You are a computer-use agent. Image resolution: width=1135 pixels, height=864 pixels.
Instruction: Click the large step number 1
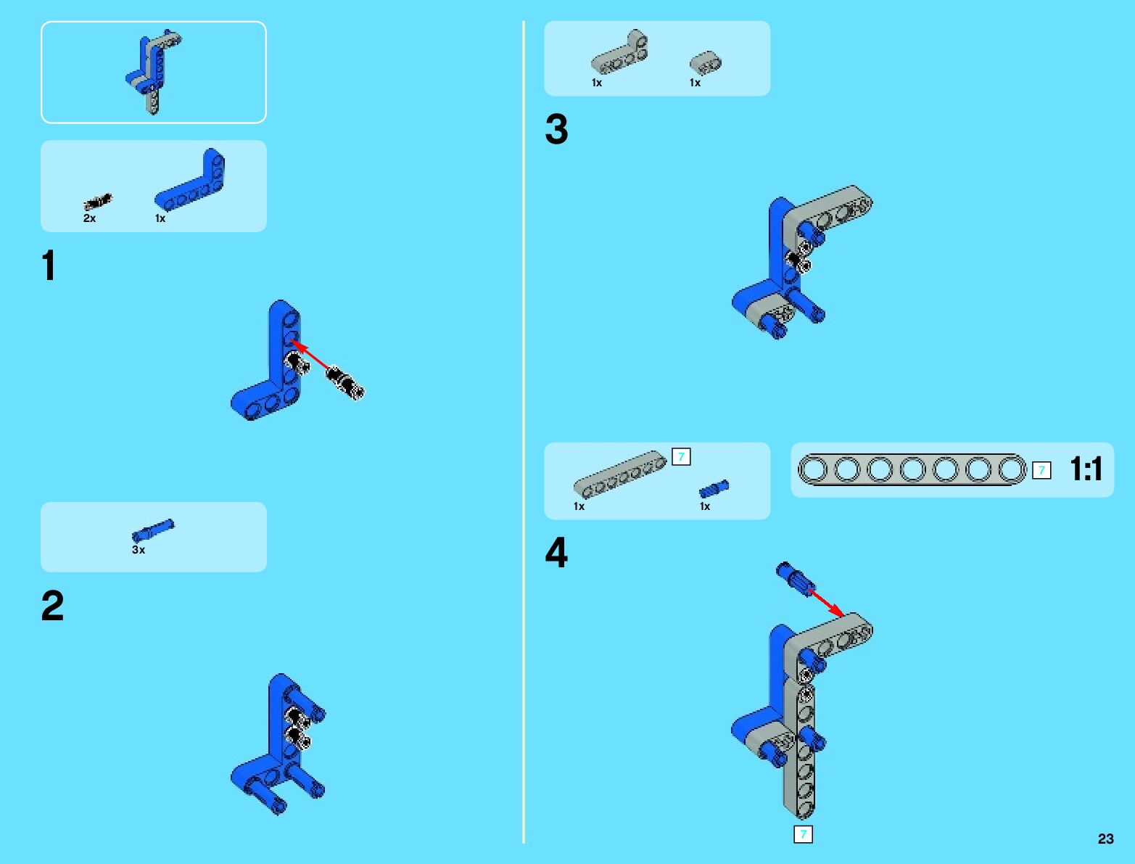coord(49,266)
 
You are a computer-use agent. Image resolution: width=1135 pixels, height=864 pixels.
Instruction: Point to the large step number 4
coord(556,552)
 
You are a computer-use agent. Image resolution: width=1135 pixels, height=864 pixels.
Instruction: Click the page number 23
coord(1105,839)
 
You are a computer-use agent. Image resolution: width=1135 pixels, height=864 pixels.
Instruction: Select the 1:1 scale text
coord(1086,469)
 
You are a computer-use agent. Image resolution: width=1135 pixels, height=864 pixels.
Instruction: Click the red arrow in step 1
coord(310,354)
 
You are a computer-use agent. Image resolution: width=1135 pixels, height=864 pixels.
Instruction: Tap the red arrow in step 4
coord(826,603)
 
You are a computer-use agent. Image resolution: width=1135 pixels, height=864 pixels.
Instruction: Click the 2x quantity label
coord(89,218)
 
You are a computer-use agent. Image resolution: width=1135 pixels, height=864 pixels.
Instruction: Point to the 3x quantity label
coord(139,550)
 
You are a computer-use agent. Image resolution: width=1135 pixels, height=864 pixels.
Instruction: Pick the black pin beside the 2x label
coord(98,202)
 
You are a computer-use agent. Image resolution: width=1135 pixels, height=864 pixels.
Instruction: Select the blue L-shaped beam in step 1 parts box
coord(190,179)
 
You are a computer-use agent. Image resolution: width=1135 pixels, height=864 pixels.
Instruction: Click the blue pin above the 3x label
coord(153,530)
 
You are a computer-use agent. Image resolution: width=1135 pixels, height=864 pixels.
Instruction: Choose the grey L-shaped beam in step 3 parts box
coord(619,52)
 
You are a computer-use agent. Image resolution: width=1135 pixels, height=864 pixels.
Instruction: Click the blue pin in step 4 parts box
coord(714,488)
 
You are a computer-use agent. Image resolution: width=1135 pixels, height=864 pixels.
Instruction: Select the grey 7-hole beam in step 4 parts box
coord(620,474)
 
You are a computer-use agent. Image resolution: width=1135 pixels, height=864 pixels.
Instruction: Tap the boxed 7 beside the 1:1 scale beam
coord(1041,470)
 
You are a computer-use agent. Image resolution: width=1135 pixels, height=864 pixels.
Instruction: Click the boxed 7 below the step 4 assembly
coord(803,834)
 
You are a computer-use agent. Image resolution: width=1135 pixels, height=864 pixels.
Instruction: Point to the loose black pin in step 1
coord(345,382)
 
